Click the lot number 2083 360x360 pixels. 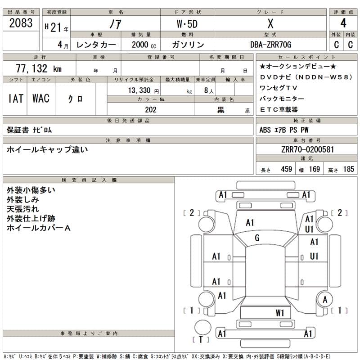[21, 23]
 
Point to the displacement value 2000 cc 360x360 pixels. [144, 45]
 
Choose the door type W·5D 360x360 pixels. [186, 23]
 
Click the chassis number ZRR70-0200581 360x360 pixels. [307, 150]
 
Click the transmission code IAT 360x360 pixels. [16, 99]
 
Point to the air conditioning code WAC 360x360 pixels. [40, 99]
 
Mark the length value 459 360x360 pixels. [286, 169]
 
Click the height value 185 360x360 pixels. [348, 169]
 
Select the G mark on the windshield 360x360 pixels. [257, 238]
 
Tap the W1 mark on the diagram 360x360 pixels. [280, 312]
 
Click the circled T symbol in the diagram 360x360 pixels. [201, 340]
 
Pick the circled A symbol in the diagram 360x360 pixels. [324, 300]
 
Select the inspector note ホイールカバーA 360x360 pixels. [39, 228]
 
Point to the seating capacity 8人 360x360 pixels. [209, 90]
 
